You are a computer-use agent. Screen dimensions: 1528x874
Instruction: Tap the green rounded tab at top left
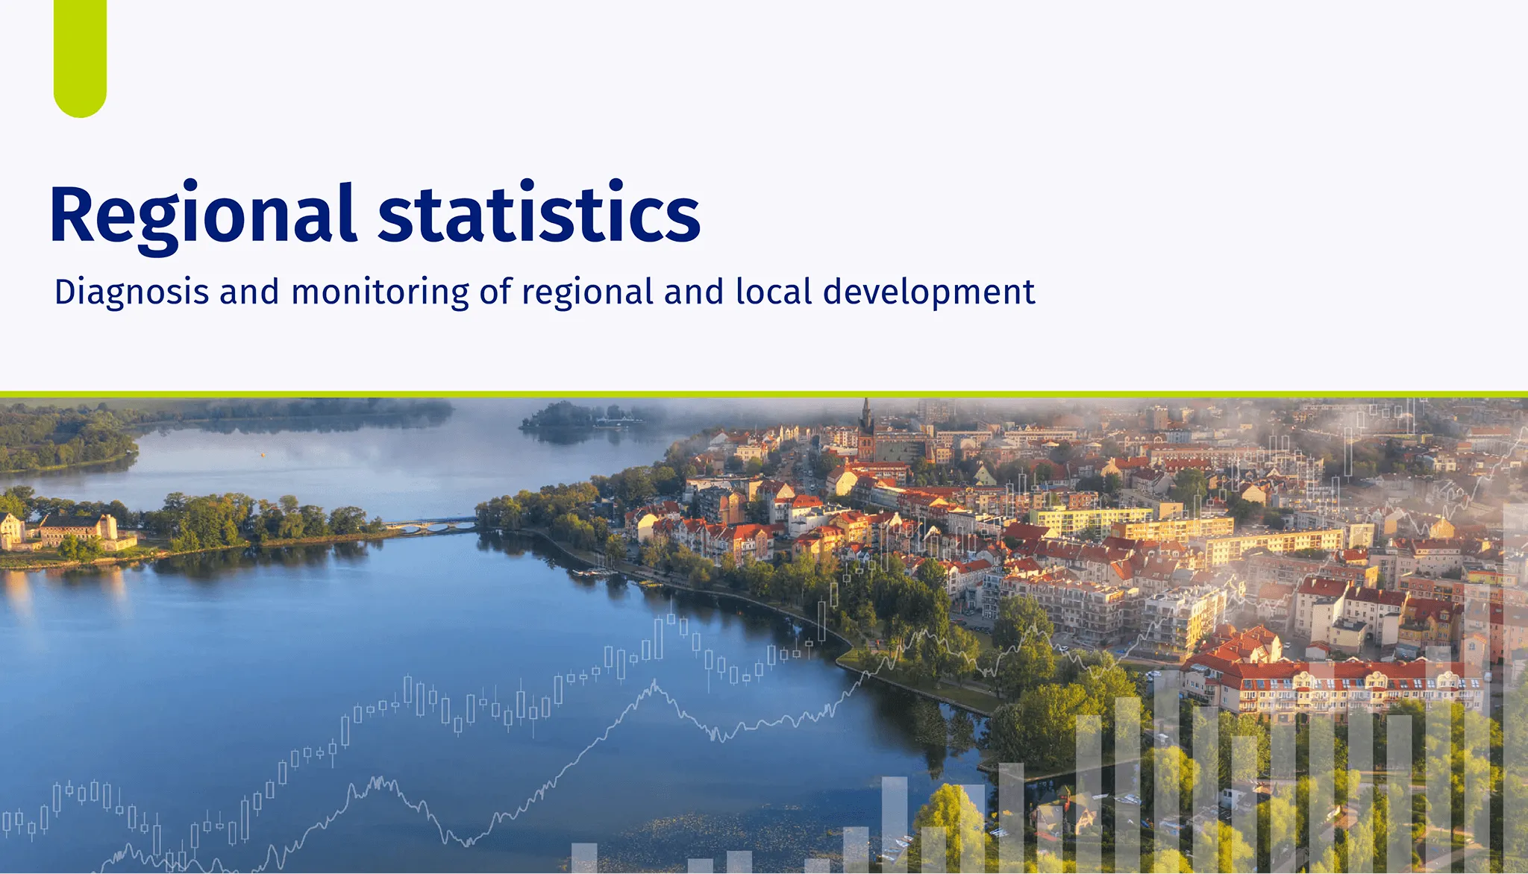pos(80,58)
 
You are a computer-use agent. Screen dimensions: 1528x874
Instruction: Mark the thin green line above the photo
pos(764,394)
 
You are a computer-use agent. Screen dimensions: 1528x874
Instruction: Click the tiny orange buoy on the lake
pos(263,453)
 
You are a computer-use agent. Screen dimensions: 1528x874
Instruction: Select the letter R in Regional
pos(72,214)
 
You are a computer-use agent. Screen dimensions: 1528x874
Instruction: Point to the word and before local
pos(695,292)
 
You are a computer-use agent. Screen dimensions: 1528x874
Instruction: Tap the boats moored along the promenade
pos(593,573)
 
